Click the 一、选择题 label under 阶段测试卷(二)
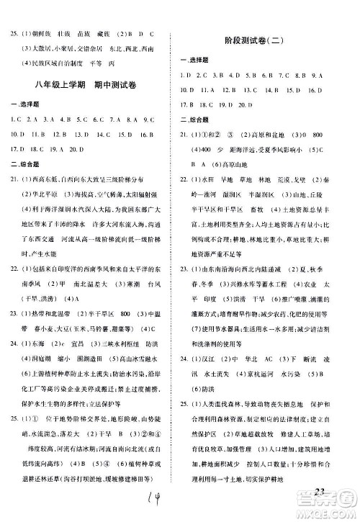point(190,61)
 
